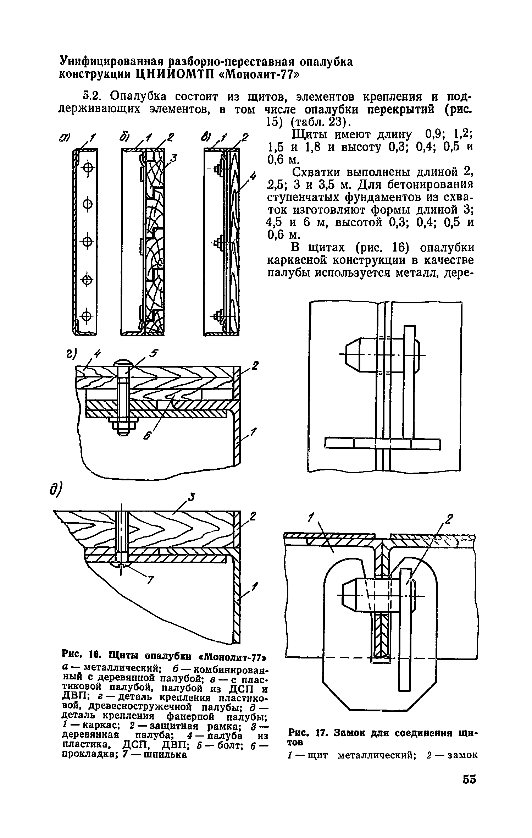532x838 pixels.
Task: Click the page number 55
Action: point(469,779)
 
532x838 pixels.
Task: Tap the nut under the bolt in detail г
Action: point(122,422)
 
